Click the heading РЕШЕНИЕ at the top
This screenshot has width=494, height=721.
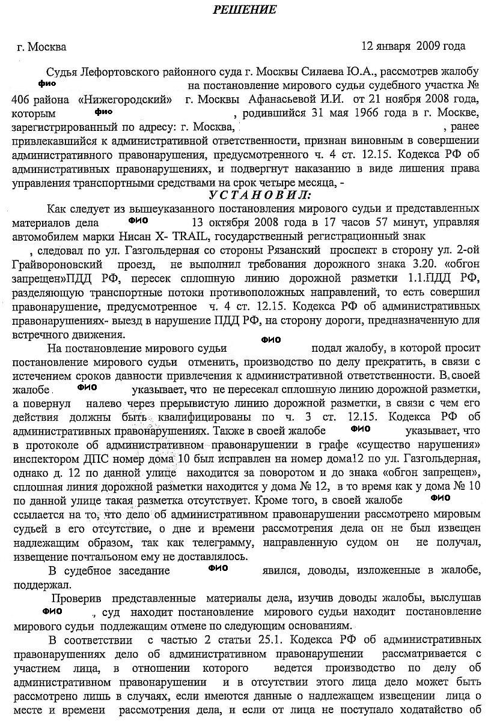[246, 9]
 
